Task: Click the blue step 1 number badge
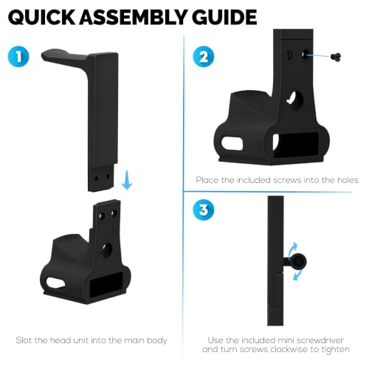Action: coord(18,56)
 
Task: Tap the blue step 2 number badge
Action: coord(204,56)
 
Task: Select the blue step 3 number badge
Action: coord(204,210)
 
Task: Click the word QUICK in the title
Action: coord(41,17)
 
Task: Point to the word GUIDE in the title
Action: coord(224,17)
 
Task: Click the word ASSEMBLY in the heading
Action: coord(134,17)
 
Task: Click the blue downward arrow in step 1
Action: coord(127,180)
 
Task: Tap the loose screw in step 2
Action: coord(336,57)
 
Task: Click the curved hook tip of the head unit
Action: coord(44,55)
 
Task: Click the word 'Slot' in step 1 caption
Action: coord(24,340)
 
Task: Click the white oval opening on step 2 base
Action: coord(232,144)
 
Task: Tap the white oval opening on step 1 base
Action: coord(55,283)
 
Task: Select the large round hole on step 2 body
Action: coord(295,100)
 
